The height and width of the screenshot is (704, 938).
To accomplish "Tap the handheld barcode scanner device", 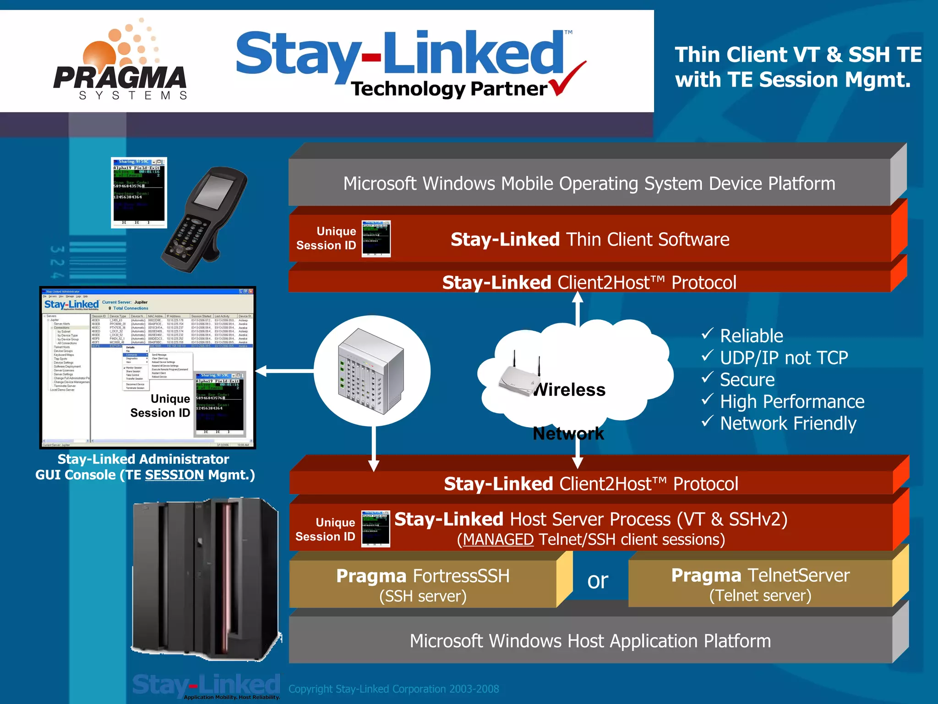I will click(204, 220).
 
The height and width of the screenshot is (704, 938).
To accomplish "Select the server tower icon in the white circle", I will click(371, 371).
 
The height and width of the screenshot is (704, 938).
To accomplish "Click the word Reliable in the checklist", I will click(751, 336).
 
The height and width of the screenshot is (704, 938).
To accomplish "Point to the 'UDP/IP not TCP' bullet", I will click(784, 358).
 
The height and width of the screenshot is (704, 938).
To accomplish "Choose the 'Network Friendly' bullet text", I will click(788, 423).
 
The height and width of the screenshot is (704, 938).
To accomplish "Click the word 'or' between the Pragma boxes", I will click(598, 581).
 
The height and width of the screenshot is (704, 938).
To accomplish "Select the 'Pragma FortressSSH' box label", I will click(423, 576).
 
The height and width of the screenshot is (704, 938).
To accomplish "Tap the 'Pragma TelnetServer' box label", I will click(760, 575).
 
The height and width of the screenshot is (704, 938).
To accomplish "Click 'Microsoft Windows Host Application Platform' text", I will click(590, 641).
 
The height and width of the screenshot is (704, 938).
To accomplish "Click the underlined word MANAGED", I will click(498, 540).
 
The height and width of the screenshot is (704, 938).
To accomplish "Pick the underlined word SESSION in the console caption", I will click(174, 475).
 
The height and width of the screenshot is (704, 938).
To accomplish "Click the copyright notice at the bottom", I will click(393, 689).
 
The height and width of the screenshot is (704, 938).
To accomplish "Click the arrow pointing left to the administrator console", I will click(263, 371).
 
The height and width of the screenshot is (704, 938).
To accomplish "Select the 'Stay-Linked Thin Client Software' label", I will click(590, 240).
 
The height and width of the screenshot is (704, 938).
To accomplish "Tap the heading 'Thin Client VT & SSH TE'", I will click(798, 55).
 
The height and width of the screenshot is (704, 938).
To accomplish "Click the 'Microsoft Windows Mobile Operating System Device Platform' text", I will click(589, 184).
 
